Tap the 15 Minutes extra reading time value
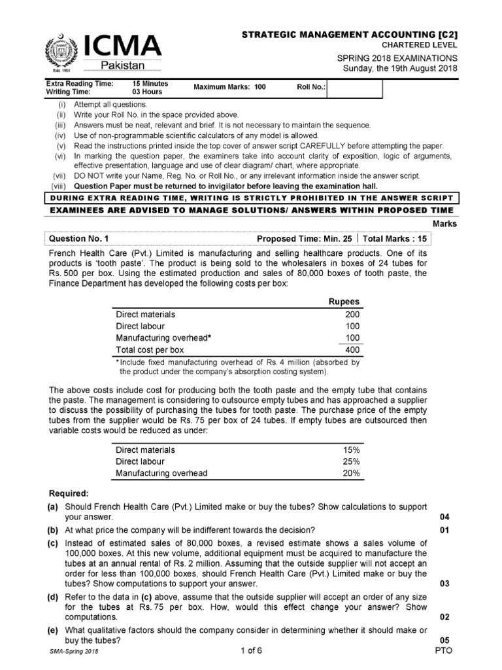tap(150, 84)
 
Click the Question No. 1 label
tap(81, 239)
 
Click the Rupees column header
tap(343, 301)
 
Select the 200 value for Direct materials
tap(352, 314)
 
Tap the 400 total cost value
tap(352, 349)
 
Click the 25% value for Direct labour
tap(351, 461)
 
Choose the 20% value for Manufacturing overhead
tap(351, 473)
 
